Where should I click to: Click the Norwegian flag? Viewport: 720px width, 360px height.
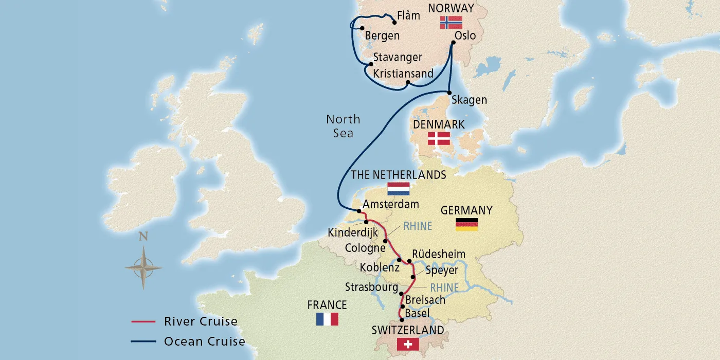point(451,22)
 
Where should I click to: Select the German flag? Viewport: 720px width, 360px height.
point(466,224)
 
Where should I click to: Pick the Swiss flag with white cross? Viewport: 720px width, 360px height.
point(408,344)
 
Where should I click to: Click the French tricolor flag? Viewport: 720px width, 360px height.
point(327,319)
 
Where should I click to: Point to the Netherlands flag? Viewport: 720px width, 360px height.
point(398,189)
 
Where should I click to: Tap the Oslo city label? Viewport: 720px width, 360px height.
point(465,35)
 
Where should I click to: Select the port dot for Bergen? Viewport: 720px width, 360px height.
point(362,28)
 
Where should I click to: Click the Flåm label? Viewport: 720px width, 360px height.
point(409,15)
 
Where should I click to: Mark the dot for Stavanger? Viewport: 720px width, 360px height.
point(370,64)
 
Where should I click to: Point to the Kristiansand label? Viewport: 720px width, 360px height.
point(403,74)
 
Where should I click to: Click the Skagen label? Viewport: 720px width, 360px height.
point(469,100)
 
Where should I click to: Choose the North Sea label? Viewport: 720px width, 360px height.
point(343,126)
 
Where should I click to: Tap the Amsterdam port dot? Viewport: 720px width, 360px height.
point(359,211)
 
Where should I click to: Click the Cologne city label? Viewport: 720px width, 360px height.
point(365,248)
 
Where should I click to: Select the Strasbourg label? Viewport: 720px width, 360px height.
point(372,287)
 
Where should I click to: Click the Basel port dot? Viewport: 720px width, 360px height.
point(402,320)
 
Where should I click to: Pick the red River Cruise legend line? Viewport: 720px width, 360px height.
point(143,322)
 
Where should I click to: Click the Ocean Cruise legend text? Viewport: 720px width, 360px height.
point(204,341)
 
